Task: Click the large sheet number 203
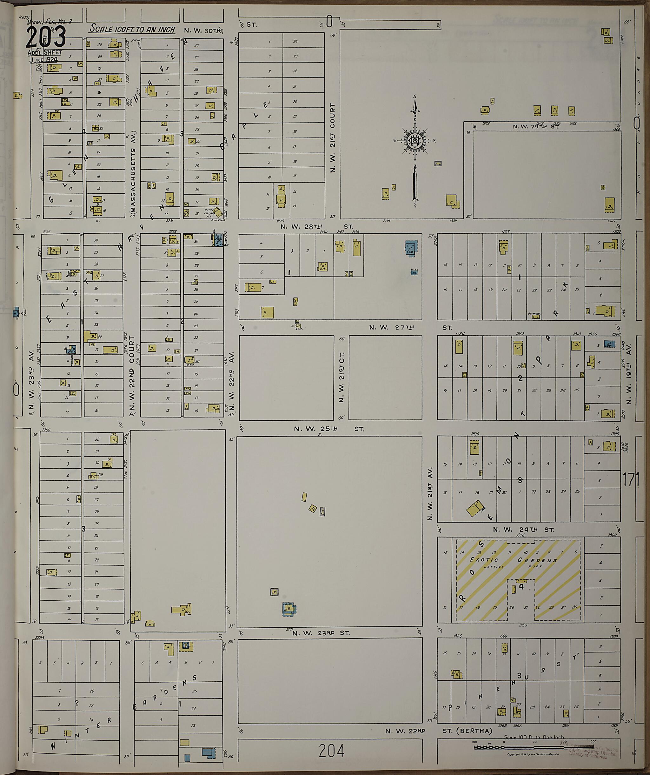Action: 46,37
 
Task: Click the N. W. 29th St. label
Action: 536,127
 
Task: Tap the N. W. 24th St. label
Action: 523,530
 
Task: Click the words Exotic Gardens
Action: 513,560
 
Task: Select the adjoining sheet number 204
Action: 331,750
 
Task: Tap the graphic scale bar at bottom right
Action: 534,747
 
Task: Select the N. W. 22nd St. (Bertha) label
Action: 439,731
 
